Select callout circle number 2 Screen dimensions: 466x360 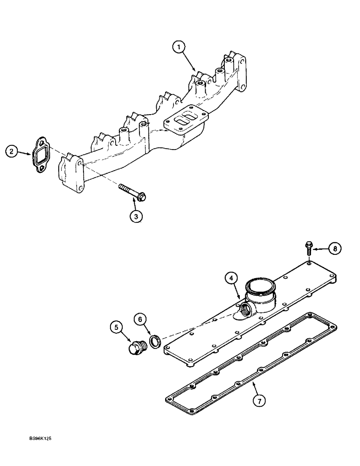coord(13,151)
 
